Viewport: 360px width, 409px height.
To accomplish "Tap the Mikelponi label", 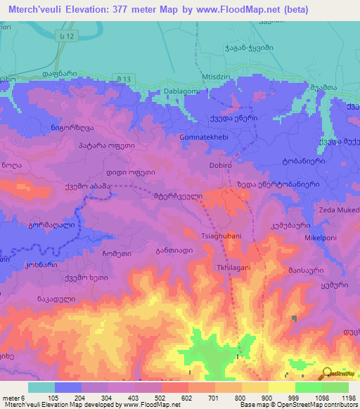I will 321,238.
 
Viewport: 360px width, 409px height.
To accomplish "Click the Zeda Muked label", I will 339,209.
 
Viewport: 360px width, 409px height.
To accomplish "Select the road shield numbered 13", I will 145,78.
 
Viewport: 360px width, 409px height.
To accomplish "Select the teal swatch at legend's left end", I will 41,387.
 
